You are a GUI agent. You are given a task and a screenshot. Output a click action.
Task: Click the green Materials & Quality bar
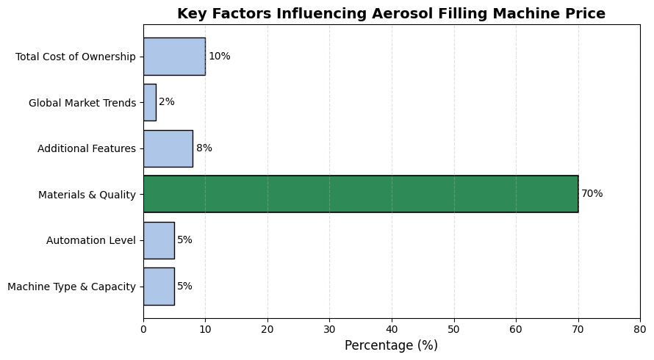click(x=360, y=194)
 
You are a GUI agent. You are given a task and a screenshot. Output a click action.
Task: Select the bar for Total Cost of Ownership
click(x=174, y=57)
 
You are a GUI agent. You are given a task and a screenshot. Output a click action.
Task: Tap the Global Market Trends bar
click(x=149, y=102)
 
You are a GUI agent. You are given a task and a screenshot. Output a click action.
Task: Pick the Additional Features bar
click(x=168, y=148)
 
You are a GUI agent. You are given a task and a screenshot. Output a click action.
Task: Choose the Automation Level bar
click(x=159, y=240)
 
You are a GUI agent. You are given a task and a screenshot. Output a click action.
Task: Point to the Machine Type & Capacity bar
click(x=159, y=286)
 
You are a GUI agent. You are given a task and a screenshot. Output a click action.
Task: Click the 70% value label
click(x=592, y=194)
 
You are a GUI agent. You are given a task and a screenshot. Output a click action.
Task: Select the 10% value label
click(x=219, y=57)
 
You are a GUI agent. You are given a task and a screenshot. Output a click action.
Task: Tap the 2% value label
click(x=167, y=102)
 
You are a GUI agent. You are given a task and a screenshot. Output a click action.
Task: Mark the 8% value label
click(x=204, y=148)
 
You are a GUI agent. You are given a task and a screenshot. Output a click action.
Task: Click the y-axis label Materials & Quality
click(x=87, y=195)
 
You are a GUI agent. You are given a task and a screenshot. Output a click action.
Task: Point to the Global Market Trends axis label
click(x=82, y=103)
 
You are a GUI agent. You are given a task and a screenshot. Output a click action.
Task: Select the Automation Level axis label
click(x=91, y=240)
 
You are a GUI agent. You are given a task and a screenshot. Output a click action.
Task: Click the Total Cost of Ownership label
click(x=76, y=57)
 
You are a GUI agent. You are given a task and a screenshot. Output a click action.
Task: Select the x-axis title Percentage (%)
click(x=391, y=345)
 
